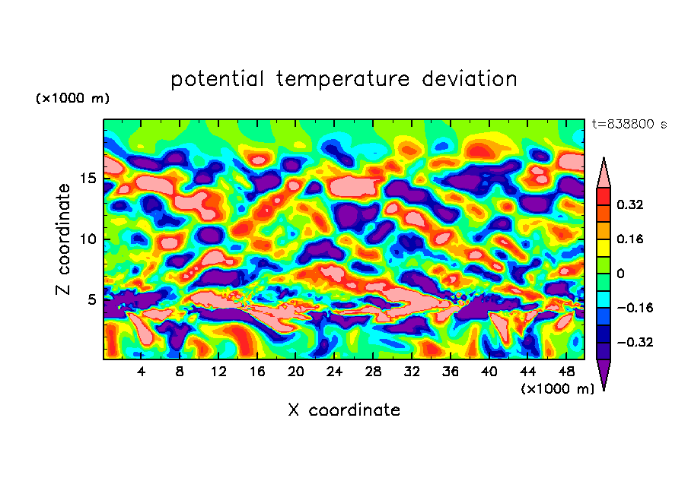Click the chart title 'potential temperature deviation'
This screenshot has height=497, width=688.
tap(344, 79)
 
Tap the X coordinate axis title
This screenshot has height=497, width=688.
tap(344, 410)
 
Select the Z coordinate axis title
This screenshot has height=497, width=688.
tap(64, 239)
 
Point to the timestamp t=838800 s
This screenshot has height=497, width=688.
tap(629, 124)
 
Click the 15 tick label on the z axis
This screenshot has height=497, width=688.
tap(88, 179)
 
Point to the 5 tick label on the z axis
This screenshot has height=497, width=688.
tap(91, 299)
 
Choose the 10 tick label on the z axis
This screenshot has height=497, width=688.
tap(88, 239)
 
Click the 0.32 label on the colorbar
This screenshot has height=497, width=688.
tap(631, 204)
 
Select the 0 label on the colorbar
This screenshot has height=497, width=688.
tap(620, 274)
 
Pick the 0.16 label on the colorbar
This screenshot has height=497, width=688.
tap(631, 239)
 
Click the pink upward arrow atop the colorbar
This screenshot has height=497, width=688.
tap(604, 172)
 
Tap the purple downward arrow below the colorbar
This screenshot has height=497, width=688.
tap(604, 375)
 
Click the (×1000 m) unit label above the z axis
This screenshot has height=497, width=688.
tap(72, 99)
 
